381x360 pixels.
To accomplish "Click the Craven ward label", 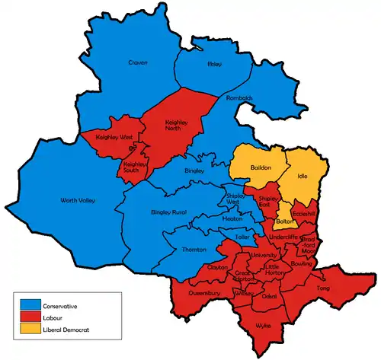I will point(138,62).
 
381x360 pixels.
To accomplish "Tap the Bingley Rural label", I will point(168,211).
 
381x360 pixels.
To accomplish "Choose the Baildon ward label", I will point(261,167).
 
